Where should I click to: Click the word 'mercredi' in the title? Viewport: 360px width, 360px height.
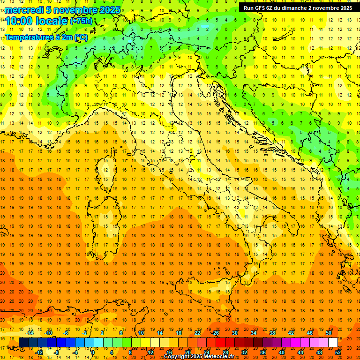pos(24,10)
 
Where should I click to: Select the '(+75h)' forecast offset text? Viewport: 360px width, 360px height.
pos(81,21)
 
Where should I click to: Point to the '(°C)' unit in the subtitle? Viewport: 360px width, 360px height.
pos(81,37)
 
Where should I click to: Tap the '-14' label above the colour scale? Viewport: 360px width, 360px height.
pos(30,333)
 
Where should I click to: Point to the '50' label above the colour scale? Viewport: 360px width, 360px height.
pos(329,333)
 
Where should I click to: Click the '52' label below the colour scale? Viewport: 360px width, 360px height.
pos(338,352)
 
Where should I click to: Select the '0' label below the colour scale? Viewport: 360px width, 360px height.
pos(93,352)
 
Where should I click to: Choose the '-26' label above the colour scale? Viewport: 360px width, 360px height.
pos(215,333)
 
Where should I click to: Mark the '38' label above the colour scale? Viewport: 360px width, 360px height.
pos(272,333)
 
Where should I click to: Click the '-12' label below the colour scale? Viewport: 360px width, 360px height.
pos(39,352)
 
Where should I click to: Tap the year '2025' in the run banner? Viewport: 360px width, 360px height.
pos(346,7)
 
